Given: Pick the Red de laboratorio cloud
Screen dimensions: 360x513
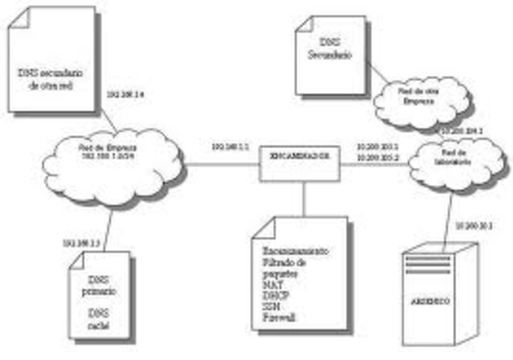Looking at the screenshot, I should click(453, 161).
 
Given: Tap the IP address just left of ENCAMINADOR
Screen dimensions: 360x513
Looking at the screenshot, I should click(231, 148).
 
